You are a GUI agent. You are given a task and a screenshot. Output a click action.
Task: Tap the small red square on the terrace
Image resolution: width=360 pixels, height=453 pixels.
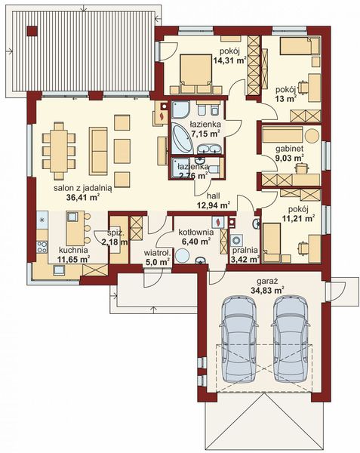tap(31, 31)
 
